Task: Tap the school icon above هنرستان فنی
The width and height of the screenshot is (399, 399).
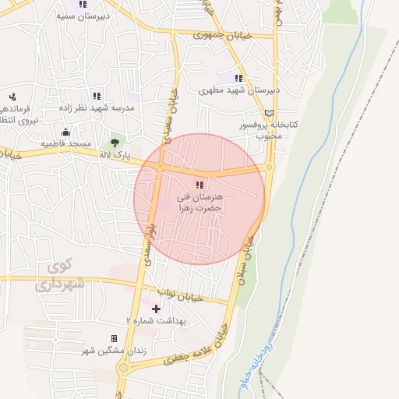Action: (x=199, y=185)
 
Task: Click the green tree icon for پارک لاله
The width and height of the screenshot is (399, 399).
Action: (x=115, y=142)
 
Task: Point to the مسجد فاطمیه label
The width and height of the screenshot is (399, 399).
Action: (x=66, y=145)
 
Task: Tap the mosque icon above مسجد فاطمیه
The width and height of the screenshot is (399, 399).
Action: (x=66, y=132)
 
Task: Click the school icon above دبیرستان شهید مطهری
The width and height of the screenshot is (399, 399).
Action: (x=238, y=78)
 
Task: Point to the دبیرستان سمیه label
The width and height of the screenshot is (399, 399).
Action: (x=82, y=15)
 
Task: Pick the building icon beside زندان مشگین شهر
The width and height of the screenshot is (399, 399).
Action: (x=115, y=338)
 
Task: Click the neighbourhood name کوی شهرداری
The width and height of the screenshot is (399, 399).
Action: (x=58, y=276)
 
